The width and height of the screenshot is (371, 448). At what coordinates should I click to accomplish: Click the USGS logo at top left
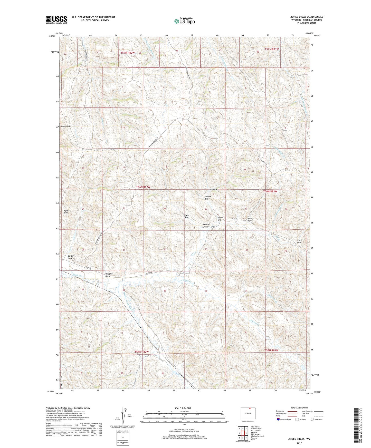coord(56,20)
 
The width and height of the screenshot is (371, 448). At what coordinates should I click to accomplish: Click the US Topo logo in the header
coord(184,21)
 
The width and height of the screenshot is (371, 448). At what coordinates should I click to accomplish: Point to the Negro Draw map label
coord(65,126)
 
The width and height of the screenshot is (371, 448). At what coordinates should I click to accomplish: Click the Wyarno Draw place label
coord(66,211)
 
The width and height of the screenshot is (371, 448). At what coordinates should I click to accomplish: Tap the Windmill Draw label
coord(109,275)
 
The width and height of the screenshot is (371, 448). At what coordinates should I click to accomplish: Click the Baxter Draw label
coord(186,216)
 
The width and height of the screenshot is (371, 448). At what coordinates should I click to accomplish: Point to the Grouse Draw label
coord(207,198)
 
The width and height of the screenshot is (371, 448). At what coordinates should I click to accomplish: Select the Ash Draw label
coord(213,189)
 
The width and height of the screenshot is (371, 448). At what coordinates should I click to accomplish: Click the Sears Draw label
coord(250,219)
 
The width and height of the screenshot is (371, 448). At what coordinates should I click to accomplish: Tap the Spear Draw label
coord(299,241)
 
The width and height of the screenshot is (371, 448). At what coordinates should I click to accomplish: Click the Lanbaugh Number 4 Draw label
coord(208,226)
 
